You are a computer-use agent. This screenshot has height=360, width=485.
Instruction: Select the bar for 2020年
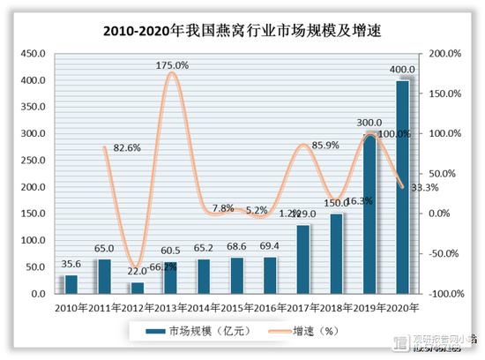(402, 186)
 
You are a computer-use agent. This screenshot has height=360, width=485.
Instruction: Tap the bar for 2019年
(369, 213)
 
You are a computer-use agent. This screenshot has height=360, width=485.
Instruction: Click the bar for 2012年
(138, 288)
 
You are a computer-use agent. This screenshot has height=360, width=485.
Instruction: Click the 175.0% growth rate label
(173, 64)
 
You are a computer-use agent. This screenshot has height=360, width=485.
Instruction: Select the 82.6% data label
(125, 148)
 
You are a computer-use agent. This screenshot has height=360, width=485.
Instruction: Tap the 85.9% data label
(324, 146)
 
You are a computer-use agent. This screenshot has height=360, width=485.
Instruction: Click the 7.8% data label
(223, 209)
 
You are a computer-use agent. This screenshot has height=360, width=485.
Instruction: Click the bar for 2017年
(302, 259)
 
